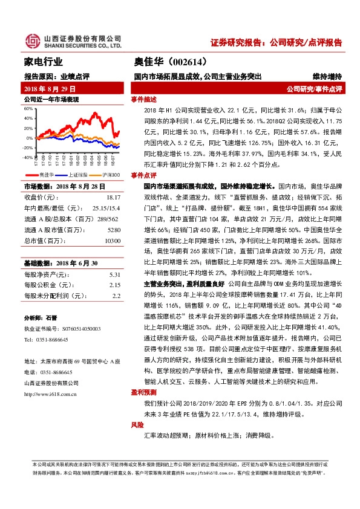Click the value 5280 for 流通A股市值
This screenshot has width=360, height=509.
click(114, 230)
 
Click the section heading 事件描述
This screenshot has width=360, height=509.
click(144, 99)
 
